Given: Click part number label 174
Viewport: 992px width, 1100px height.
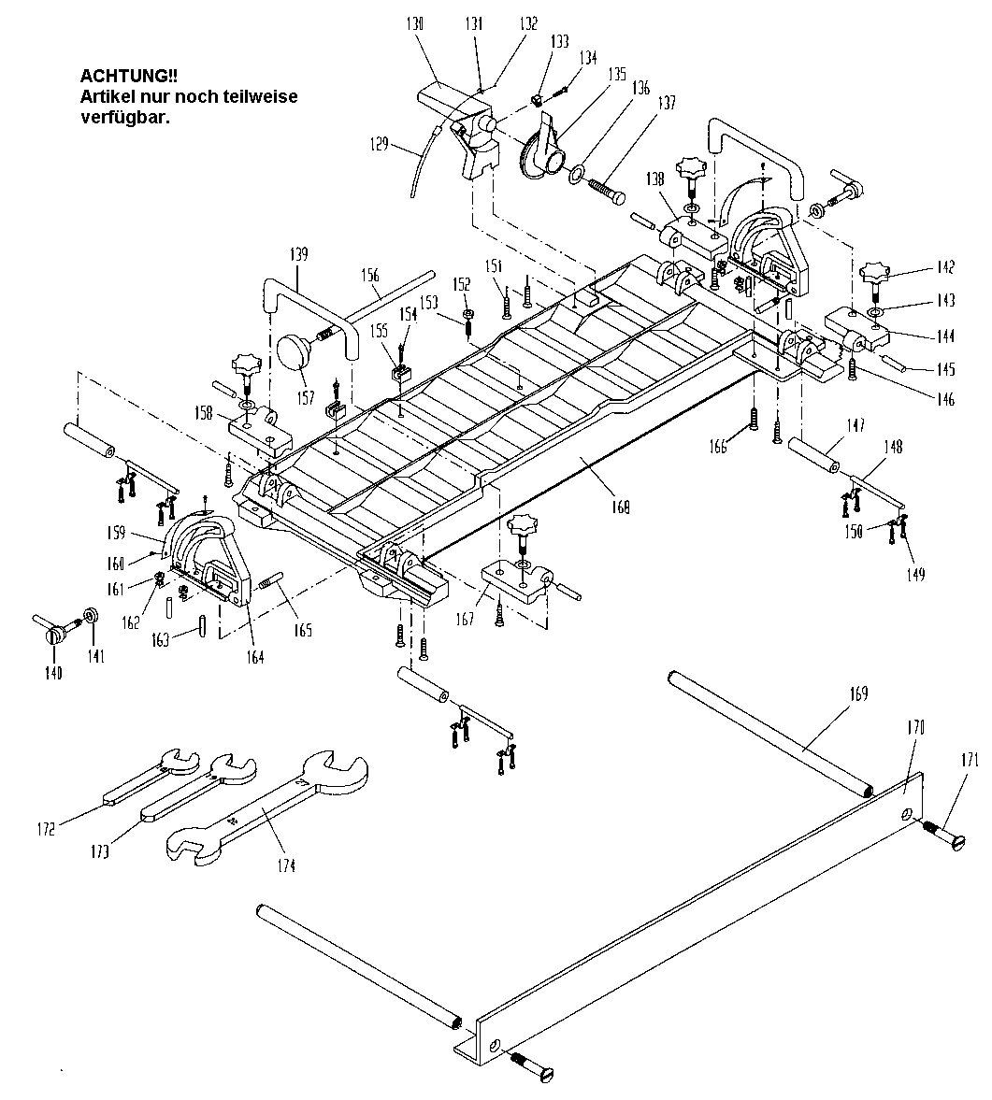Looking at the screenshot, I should click(285, 866).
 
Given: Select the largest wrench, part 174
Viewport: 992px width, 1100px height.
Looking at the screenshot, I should click(271, 803).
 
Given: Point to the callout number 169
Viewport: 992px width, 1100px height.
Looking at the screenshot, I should click(857, 693).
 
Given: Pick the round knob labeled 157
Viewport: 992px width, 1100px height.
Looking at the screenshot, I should click(296, 354).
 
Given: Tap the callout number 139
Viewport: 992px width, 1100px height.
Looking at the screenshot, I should click(298, 254).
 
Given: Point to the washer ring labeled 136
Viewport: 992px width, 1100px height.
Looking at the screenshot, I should click(577, 171).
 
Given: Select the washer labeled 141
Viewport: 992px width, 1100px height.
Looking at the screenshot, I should click(92, 617).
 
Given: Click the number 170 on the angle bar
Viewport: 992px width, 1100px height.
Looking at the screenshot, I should click(914, 726).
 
